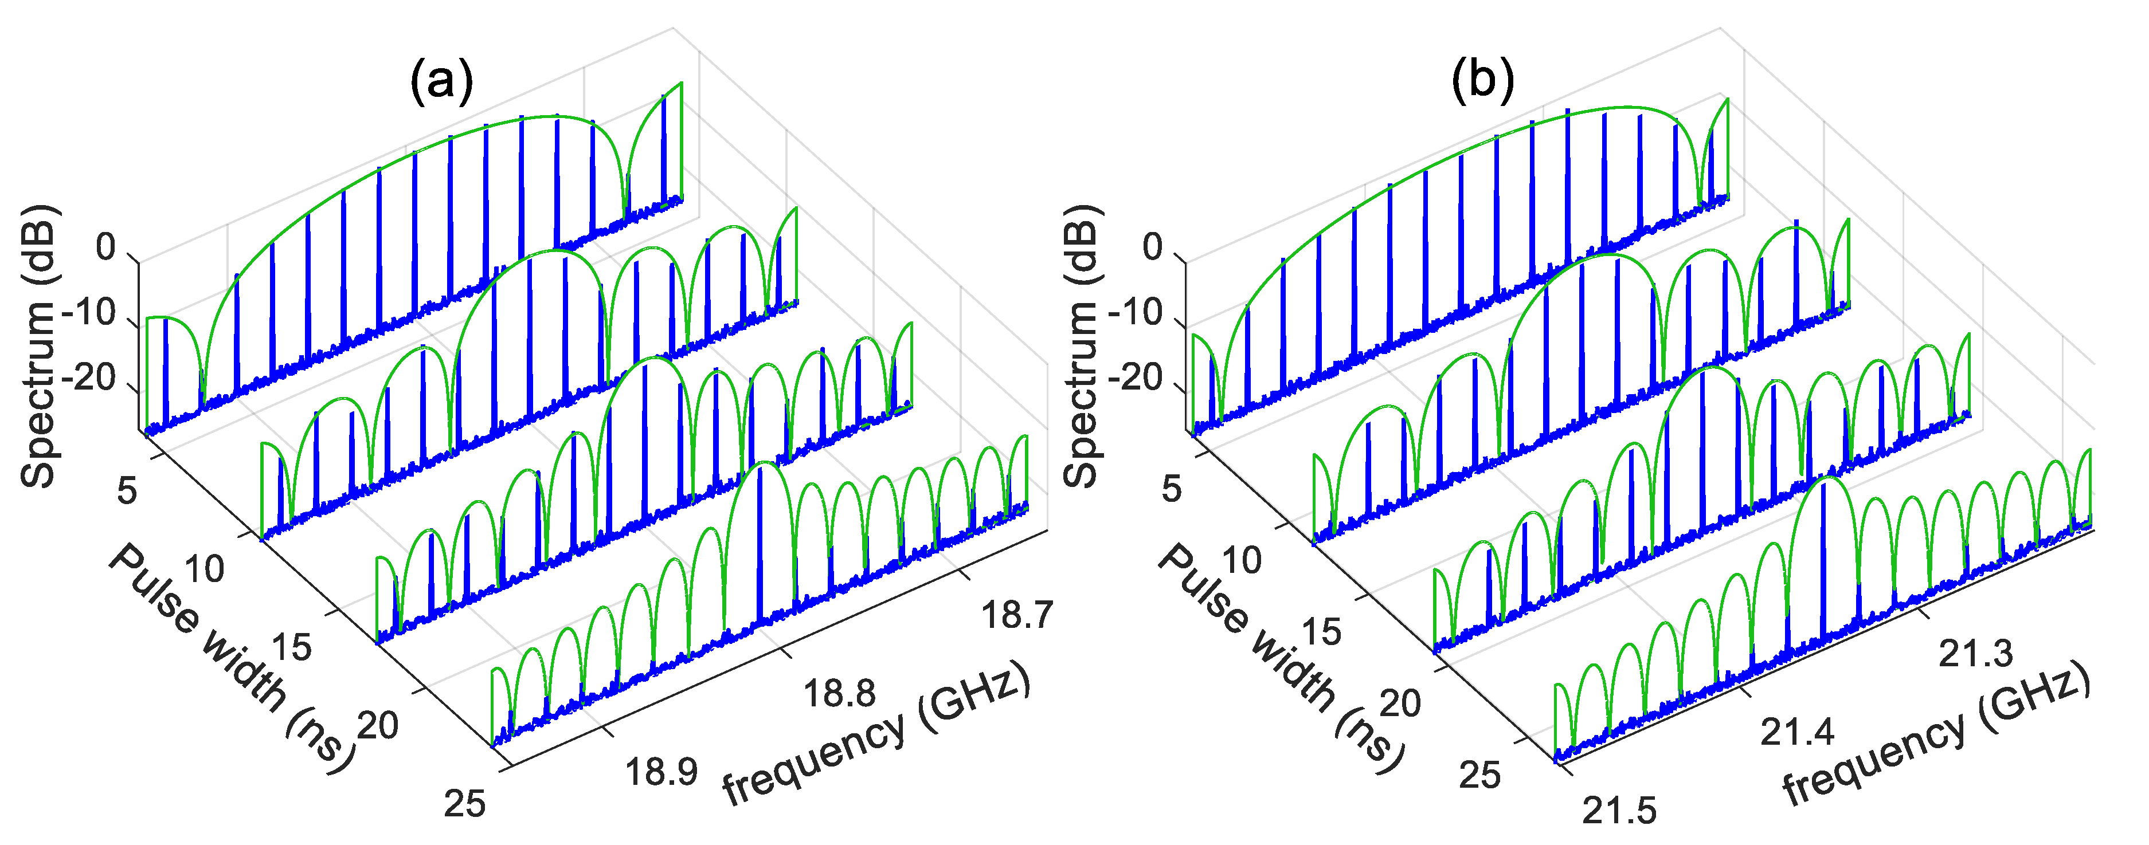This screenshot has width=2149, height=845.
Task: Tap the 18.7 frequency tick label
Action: [x=1017, y=615]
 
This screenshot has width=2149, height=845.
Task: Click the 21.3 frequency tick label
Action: [x=1975, y=653]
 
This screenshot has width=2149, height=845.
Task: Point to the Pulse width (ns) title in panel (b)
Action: [x=1281, y=659]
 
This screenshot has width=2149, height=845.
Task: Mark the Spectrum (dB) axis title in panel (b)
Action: [x=1082, y=345]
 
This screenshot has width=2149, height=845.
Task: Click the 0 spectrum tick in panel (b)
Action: [x=1152, y=247]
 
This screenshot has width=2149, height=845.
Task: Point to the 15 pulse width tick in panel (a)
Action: [x=291, y=646]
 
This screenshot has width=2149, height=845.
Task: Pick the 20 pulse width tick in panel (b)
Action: [x=1400, y=703]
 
